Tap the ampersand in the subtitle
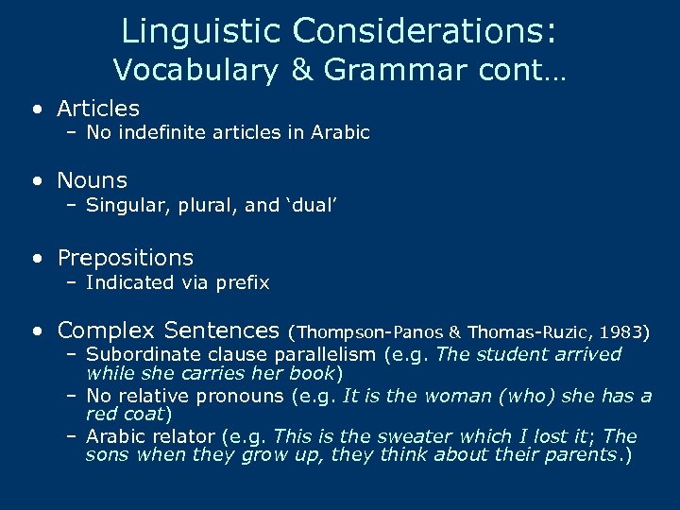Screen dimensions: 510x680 301,70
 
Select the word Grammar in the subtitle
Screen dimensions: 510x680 375,71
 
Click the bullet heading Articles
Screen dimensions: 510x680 98,109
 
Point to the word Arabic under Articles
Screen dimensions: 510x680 341,133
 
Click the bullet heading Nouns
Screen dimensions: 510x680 92,179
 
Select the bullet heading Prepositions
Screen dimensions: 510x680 125,257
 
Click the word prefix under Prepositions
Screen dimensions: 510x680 244,282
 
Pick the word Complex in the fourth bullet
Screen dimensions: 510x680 106,331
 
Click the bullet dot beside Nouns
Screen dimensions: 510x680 36,180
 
